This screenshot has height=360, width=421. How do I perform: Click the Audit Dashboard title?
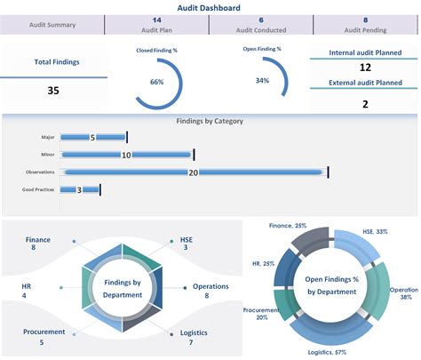pos(210,7)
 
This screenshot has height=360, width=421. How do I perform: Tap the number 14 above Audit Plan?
pos(156,20)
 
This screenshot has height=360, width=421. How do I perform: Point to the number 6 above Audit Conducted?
pos(261,20)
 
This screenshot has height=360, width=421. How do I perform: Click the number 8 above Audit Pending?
pos(365,20)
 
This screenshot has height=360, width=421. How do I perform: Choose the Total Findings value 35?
pos(53,90)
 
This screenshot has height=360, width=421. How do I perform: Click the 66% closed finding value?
pos(156,82)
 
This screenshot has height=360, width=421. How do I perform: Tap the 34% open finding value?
pos(262,81)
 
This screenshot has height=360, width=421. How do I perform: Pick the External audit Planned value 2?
pos(364,104)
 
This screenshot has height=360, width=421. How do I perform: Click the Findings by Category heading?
pos(210,121)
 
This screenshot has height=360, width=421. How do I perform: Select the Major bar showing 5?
pos(93,138)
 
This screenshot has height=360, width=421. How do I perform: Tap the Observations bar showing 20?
pos(193,172)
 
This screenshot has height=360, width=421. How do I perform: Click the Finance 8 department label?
pos(37,244)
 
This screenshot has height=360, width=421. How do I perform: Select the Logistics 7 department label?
pos(193,337)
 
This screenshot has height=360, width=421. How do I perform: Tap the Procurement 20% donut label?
pos(258,314)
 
